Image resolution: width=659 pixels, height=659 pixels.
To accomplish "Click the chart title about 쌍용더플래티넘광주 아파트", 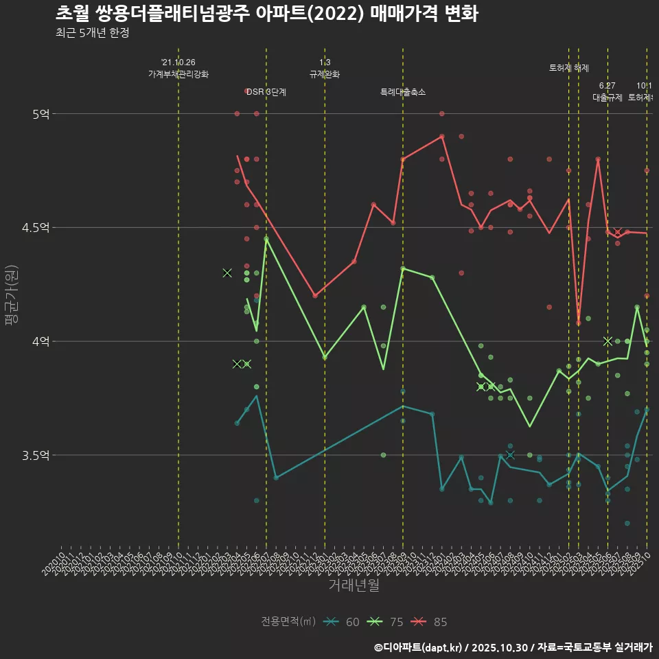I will [266, 14].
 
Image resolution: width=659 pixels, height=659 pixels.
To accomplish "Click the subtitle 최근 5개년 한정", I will [92, 33].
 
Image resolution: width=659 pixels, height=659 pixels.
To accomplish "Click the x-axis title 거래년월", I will [354, 586].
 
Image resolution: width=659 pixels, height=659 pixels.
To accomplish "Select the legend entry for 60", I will [343, 622].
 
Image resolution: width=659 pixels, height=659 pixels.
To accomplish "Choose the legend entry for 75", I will [387, 622].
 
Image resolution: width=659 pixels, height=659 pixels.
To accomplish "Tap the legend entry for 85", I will [431, 622].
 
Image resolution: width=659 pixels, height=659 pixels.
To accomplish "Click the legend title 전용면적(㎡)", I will [288, 622].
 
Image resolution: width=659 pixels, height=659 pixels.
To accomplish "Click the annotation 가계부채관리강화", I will [178, 74].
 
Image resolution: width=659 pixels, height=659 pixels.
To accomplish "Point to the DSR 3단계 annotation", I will [266, 92].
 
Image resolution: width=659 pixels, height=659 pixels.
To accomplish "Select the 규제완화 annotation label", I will [325, 74].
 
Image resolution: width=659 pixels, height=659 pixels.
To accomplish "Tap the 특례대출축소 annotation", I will [403, 92].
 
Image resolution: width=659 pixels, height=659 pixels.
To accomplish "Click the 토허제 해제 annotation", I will [569, 68].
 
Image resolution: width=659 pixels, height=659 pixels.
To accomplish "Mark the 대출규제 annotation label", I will [608, 97].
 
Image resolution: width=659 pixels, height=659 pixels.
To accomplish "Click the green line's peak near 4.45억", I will [266, 239].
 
